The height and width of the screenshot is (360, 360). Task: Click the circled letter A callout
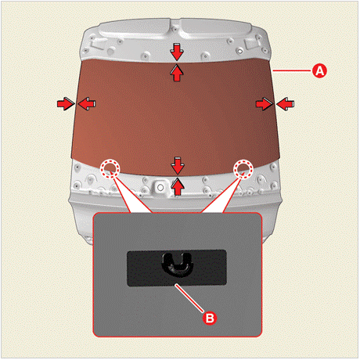coord(319,70)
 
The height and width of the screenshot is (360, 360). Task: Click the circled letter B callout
coord(210,319)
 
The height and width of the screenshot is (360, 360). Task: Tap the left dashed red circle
coord(110,169)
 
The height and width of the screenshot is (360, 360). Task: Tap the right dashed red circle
coord(243,169)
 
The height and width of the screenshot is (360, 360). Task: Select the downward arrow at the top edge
coord(177,52)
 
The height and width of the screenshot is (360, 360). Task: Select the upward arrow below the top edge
coord(177,73)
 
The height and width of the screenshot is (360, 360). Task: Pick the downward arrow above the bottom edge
coord(178,166)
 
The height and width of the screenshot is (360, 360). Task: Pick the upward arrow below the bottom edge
coord(178,186)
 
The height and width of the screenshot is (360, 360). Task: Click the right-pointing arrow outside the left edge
coord(66,104)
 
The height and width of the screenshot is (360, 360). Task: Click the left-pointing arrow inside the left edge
coord(87,104)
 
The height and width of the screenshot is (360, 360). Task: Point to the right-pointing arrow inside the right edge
coord(265,104)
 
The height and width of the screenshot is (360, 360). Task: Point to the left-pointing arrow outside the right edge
coord(286,104)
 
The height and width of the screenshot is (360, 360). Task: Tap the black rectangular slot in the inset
coord(177,268)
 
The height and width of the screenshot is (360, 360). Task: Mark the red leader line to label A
coord(292,70)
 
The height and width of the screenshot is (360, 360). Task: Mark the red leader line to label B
coord(189,298)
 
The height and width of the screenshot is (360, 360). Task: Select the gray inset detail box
coord(178,275)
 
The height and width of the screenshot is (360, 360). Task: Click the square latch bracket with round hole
coord(160,187)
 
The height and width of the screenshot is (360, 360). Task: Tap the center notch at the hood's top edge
coord(175,25)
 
